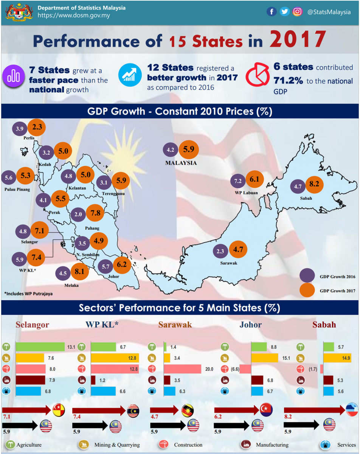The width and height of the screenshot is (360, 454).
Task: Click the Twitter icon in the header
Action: tap(285, 12)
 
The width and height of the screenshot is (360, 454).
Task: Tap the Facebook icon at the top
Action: tap(271, 12)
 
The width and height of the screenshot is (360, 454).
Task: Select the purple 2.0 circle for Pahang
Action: tap(79, 215)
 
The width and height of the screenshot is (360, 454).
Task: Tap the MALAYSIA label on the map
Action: tap(181, 163)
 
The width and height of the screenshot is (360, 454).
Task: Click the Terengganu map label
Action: tap(113, 194)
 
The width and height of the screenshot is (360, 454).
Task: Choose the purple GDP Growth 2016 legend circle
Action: tap(307, 277)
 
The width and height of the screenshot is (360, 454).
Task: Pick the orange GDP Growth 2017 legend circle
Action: tap(307, 291)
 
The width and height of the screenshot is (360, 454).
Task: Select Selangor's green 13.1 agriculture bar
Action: tap(40, 347)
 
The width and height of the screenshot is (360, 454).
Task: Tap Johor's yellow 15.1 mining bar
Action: tap(265, 358)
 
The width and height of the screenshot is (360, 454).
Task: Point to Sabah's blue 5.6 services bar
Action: tap(328, 391)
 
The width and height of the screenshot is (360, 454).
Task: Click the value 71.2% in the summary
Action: tap(288, 81)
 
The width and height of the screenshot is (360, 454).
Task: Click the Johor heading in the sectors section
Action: tap(250, 325)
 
